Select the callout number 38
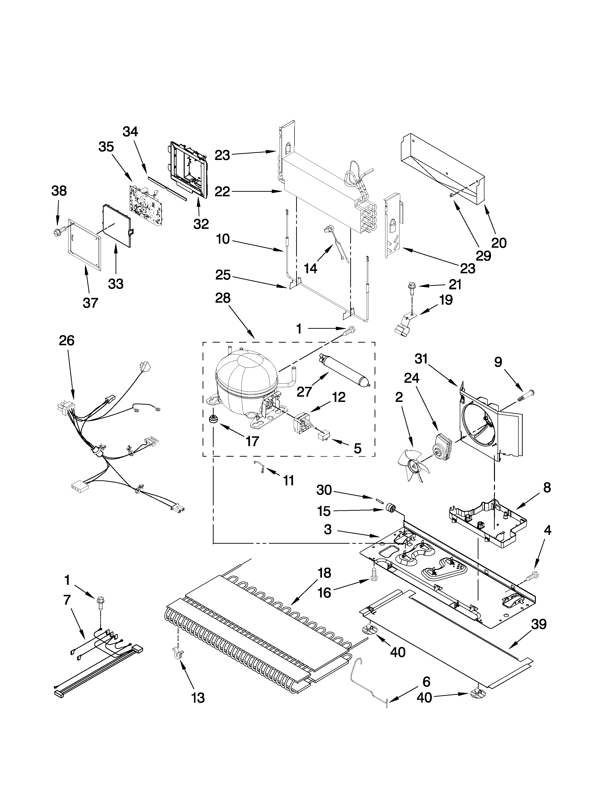pyautogui.click(x=59, y=191)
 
